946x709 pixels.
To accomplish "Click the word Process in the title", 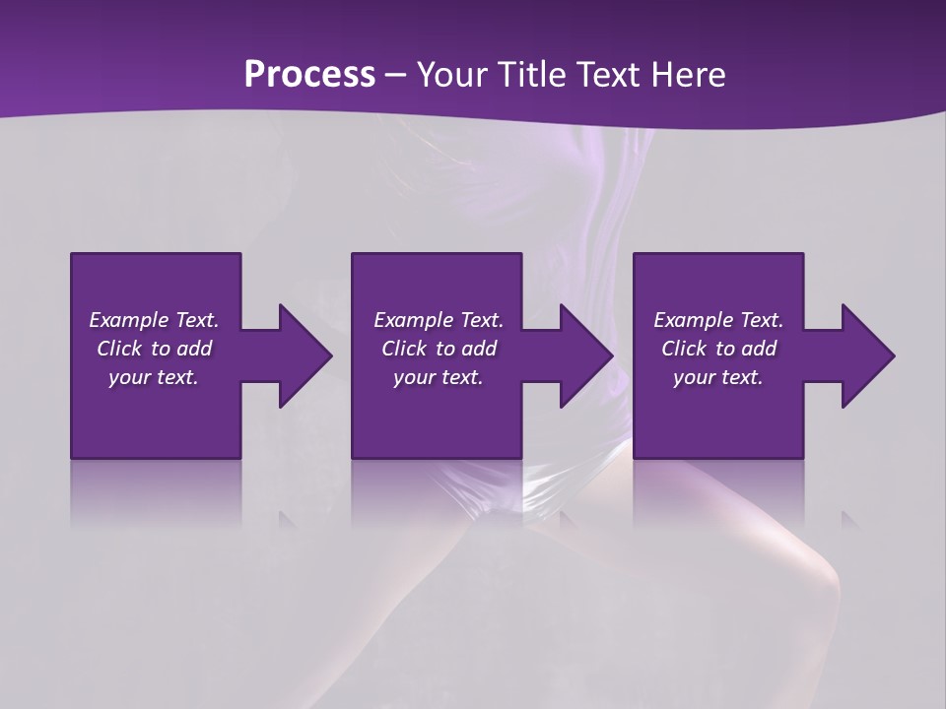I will point(309,75).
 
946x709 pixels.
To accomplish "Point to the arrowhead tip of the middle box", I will point(612,355).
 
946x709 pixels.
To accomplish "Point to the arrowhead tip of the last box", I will point(893,355).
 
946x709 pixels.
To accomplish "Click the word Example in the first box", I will point(128,320).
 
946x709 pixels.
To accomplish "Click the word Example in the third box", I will point(693,320).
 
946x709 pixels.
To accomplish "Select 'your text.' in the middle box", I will point(438,377).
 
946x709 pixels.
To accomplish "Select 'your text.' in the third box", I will point(717,377).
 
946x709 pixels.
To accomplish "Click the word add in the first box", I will point(194,349).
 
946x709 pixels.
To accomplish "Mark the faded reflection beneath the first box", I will point(156,492).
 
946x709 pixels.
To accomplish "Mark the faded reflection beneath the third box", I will point(718,492).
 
